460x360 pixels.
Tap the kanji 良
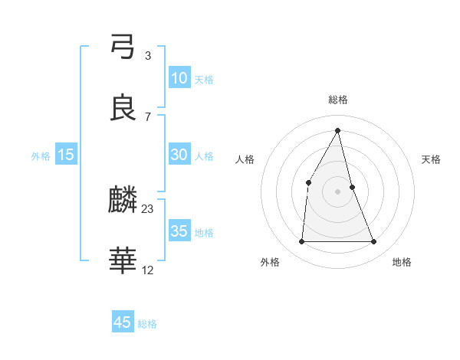(123, 108)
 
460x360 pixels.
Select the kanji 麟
(123, 201)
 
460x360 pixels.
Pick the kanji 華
(123, 261)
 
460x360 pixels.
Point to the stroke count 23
(148, 208)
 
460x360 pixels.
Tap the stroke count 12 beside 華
(148, 269)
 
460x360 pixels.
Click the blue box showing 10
(179, 78)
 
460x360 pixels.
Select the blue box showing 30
(179, 155)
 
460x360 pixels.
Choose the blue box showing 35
(179, 231)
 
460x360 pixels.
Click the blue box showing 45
(123, 322)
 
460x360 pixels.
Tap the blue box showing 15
(66, 155)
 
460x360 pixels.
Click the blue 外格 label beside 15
(41, 155)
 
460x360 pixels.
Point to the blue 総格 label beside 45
(147, 324)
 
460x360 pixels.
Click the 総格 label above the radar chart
(338, 100)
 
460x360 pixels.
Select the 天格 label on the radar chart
(432, 159)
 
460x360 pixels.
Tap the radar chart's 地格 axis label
(402, 263)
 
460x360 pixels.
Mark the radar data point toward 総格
(338, 130)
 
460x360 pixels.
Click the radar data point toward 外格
(301, 242)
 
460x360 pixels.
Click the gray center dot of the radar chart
(338, 191)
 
